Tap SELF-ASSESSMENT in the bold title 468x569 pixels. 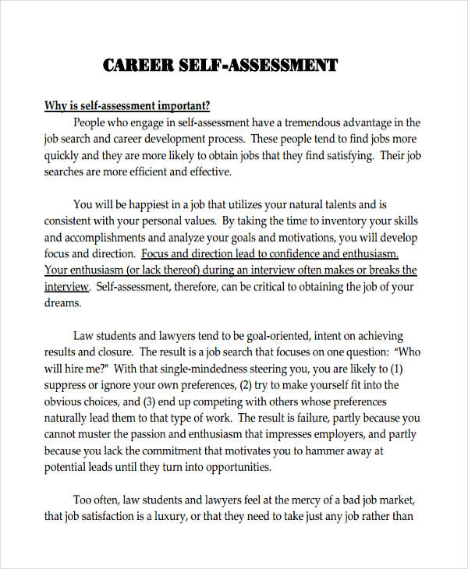coord(262,65)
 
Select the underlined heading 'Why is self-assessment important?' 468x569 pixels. coord(127,106)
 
